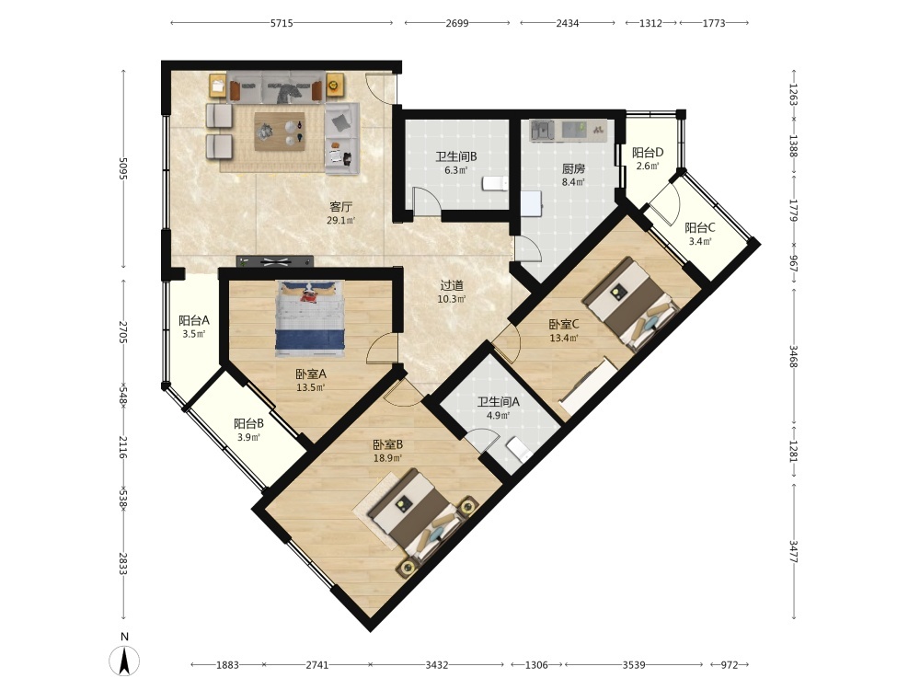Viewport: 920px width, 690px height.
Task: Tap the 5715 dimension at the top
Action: (282, 24)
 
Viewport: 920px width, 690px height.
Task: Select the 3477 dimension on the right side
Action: (793, 551)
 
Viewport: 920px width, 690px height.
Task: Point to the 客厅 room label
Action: (341, 206)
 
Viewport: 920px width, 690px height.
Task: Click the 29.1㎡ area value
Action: (341, 221)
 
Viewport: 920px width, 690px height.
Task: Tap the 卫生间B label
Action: (456, 156)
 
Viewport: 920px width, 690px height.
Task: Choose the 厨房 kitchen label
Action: (573, 169)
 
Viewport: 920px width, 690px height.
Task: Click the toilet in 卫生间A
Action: (519, 450)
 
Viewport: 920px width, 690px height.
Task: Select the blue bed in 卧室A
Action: (310, 318)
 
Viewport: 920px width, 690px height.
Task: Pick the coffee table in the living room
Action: (280, 132)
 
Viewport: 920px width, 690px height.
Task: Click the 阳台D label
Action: (648, 153)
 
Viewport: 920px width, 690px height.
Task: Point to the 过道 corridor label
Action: (452, 286)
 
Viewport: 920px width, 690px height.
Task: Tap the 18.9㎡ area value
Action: (388, 458)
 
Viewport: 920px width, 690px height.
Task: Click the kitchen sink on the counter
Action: (542, 131)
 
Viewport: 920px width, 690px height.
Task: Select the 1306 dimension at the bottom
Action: (536, 665)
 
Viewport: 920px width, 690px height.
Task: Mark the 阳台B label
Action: (248, 423)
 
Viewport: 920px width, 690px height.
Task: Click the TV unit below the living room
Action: (274, 261)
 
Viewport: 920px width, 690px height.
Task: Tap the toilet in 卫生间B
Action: (495, 184)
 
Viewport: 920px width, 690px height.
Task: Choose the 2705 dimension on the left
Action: (123, 332)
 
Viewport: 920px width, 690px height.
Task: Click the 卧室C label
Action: (564, 324)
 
